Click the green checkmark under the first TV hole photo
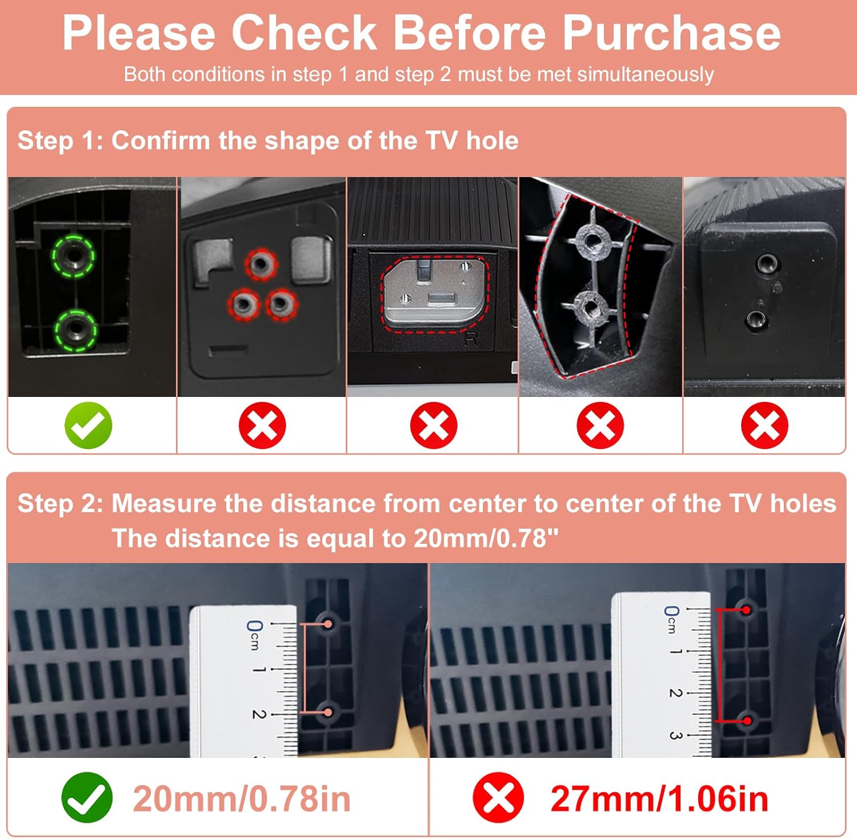[88, 425]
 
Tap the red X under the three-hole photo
[262, 425]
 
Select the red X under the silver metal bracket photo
[434, 425]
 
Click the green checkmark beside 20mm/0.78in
[87, 797]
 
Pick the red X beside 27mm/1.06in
[498, 797]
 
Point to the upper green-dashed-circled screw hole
[74, 256]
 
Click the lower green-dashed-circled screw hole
[75, 331]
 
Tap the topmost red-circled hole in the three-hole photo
[261, 264]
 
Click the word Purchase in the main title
[672, 33]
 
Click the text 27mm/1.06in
[659, 798]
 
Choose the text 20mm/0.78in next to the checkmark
[242, 798]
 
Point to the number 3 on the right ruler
[675, 735]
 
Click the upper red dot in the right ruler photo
[747, 611]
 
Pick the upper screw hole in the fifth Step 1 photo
[766, 264]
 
